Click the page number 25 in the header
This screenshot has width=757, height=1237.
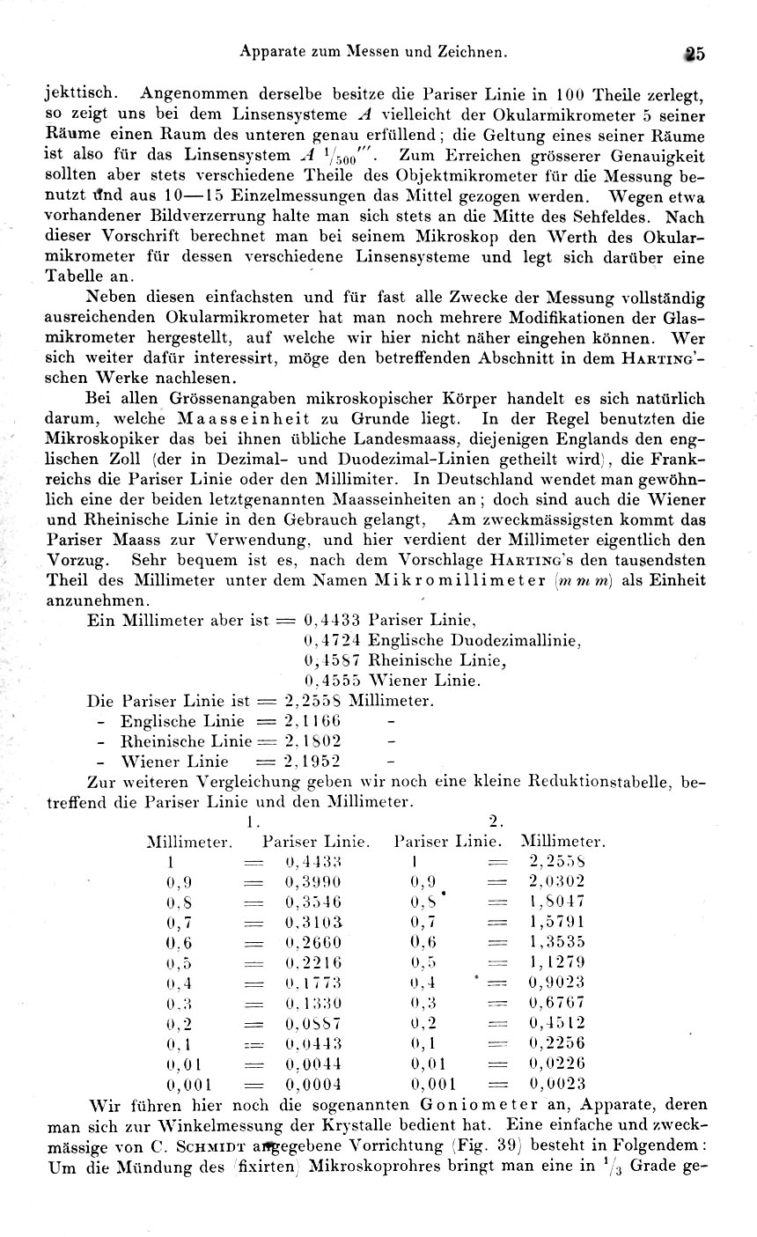pos(693,53)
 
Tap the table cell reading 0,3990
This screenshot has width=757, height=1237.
pos(313,881)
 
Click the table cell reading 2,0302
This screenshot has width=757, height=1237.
pos(556,881)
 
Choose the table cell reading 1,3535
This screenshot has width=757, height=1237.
pos(556,941)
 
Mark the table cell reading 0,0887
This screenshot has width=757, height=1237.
pos(313,1023)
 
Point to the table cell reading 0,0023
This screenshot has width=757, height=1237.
pos(556,1084)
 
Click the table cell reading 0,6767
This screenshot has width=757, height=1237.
pos(556,1002)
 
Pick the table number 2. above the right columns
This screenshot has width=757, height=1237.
pos(496,821)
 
